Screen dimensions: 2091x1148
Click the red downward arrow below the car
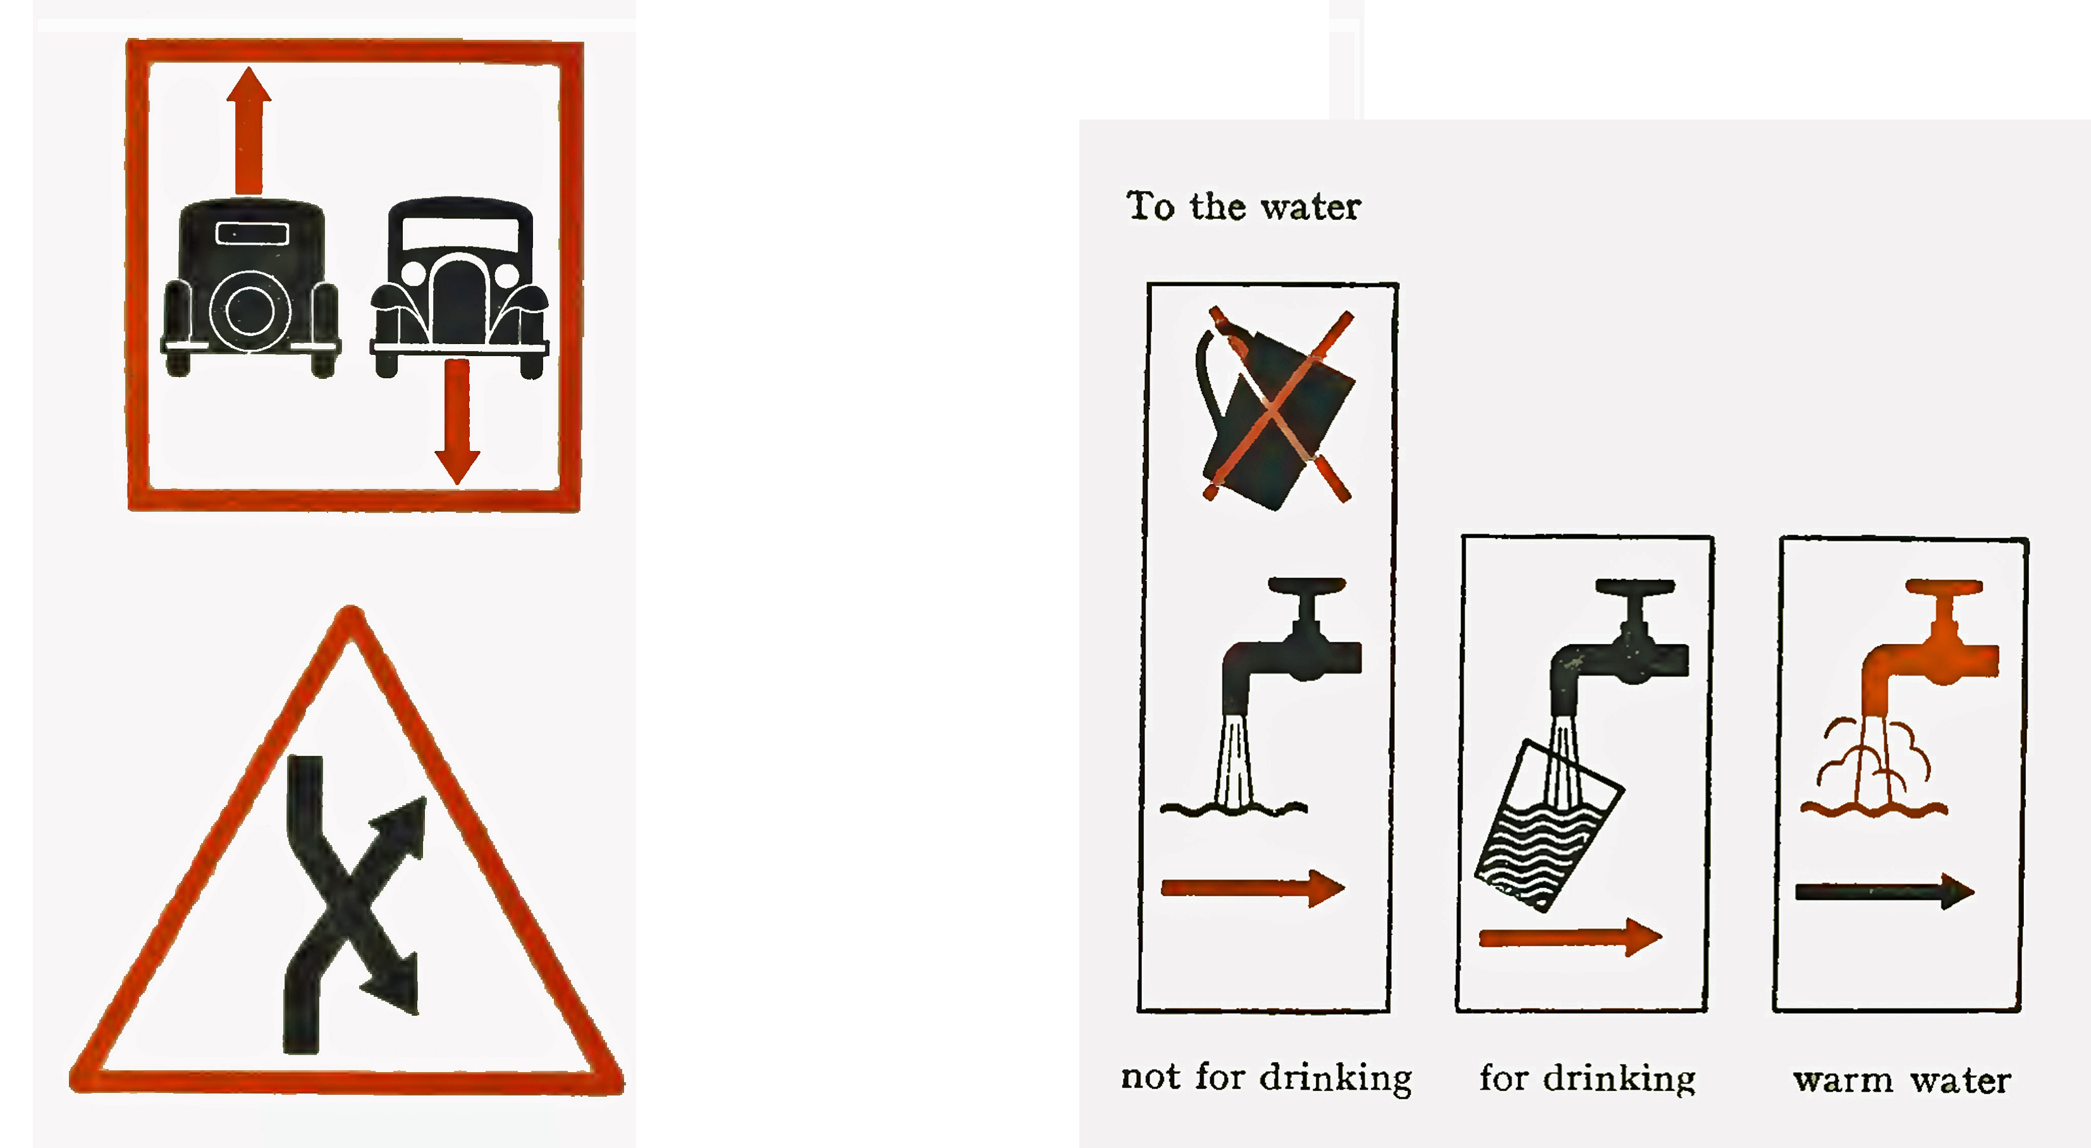click(x=457, y=421)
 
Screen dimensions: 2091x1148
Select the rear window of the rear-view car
click(x=252, y=233)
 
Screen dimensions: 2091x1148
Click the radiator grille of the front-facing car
click(x=460, y=300)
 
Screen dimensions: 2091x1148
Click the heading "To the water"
click(x=1242, y=206)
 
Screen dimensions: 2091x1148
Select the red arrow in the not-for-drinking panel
click(x=1253, y=887)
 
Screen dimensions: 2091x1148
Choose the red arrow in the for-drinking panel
click(x=1570, y=938)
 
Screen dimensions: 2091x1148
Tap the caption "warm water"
click(x=1902, y=1080)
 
